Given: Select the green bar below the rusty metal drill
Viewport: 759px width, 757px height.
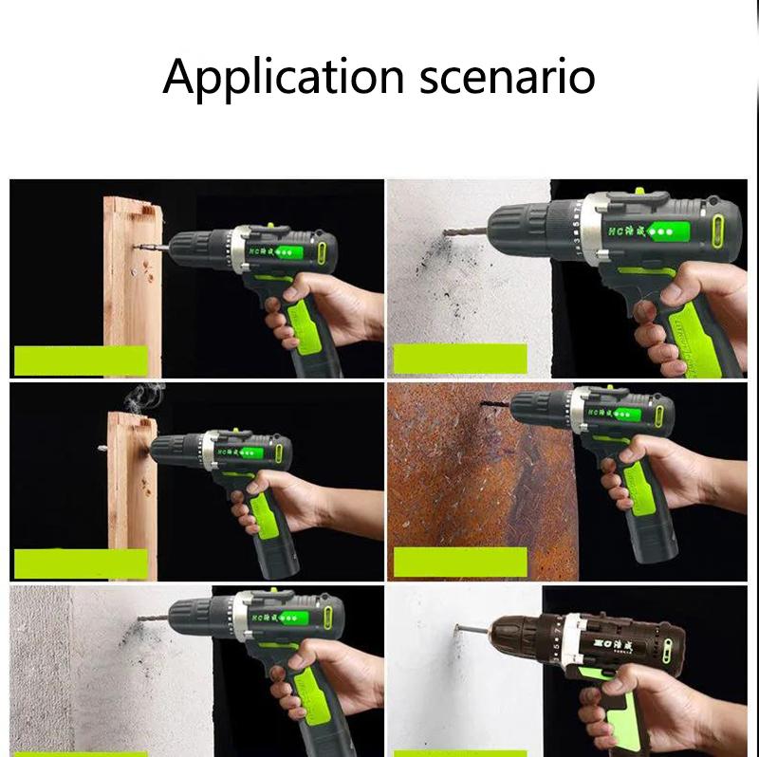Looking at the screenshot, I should tap(460, 561).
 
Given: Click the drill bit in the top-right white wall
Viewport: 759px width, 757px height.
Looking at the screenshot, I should tap(465, 229).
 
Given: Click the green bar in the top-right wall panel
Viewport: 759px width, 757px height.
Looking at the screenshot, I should tap(460, 358).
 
